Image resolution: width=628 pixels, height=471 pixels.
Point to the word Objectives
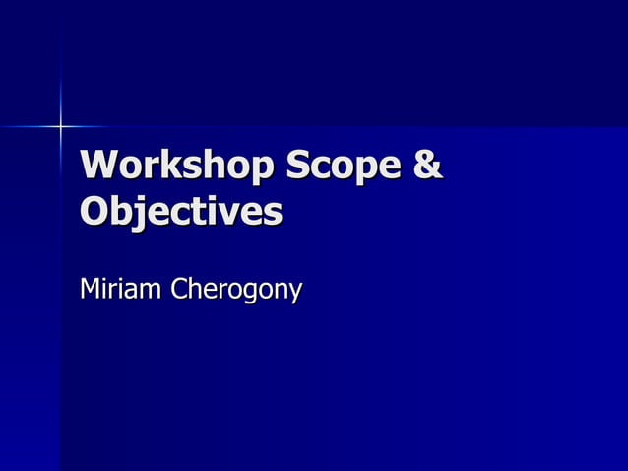coord(181,212)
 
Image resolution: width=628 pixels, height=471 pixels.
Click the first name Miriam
coord(121,291)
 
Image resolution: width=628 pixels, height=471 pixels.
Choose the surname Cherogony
coord(237,292)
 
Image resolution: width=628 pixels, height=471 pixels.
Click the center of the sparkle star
coord(60,126)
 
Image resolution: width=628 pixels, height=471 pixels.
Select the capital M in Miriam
coord(92,291)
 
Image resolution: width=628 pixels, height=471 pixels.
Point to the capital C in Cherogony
coord(181,291)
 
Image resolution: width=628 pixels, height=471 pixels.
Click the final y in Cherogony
coord(294,295)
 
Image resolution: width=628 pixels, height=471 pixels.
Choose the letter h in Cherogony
coord(198,291)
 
